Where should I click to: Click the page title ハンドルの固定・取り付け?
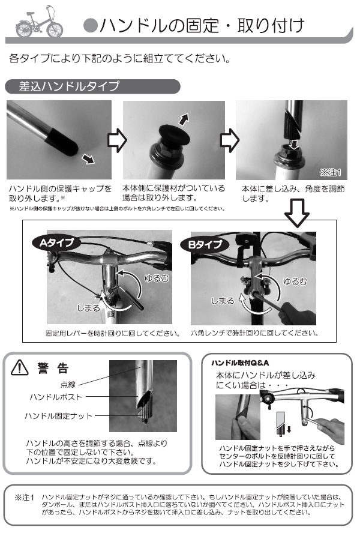coord(202,25)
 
